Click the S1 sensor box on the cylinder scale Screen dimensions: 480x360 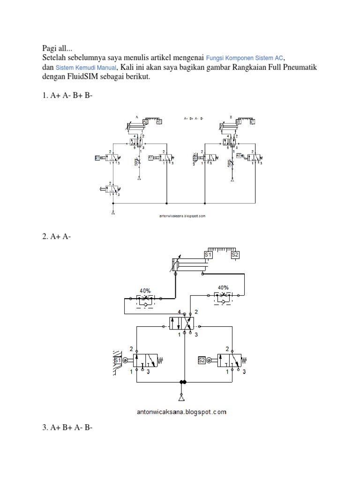click(x=209, y=255)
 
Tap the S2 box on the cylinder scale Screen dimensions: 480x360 click(x=235, y=255)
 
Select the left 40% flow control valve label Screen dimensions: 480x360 click(x=144, y=287)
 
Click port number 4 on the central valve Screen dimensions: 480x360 click(x=180, y=311)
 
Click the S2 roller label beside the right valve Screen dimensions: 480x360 click(x=202, y=360)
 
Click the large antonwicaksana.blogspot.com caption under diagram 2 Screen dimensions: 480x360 click(x=182, y=412)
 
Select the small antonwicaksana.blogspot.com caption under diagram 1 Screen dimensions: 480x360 click(x=182, y=217)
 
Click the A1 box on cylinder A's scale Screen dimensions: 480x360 click(x=159, y=121)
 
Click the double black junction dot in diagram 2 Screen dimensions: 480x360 click(x=182, y=382)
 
